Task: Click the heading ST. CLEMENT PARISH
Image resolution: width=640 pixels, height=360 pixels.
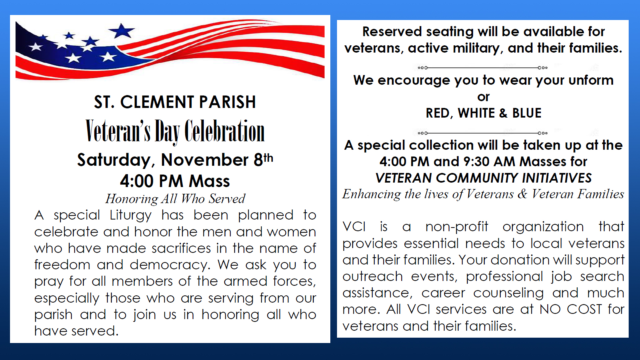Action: [175, 102]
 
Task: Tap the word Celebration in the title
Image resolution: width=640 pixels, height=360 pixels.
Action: [225, 131]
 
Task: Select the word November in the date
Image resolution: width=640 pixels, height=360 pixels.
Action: [205, 160]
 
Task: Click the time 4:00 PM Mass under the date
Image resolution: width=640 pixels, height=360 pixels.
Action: [175, 181]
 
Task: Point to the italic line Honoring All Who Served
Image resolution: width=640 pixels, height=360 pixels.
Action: [175, 199]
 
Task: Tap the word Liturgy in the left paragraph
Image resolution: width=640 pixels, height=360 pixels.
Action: [130, 215]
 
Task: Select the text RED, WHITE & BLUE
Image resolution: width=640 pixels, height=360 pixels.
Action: [483, 113]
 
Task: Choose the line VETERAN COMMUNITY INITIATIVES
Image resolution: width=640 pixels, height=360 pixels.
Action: [483, 178]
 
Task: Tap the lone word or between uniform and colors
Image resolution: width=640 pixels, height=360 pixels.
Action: [483, 97]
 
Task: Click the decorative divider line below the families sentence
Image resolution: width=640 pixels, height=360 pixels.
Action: [483, 68]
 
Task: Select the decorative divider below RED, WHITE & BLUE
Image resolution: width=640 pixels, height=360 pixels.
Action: [483, 133]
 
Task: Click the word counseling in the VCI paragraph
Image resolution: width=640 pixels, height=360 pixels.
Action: [508, 293]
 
